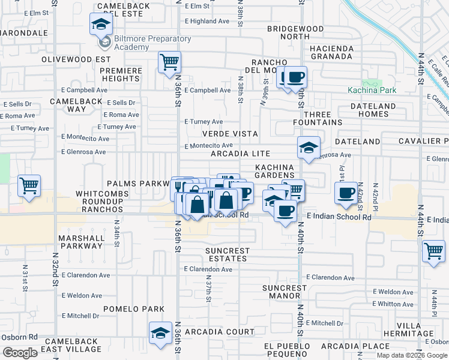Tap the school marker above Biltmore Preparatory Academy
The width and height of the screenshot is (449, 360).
click(101, 25)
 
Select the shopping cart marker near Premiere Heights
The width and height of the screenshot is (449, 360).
click(170, 61)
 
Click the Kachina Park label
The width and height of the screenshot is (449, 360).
click(372, 90)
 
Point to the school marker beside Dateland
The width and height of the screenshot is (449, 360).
click(309, 148)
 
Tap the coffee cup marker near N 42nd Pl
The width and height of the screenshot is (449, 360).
click(346, 193)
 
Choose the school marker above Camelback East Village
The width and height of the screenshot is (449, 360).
click(161, 332)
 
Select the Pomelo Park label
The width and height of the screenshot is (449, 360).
click(134, 309)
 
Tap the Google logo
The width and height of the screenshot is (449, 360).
click(20, 352)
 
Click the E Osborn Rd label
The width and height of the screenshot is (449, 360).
click(19, 337)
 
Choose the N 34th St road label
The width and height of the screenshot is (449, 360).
click(117, 235)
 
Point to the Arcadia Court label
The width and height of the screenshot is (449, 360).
click(220, 332)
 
